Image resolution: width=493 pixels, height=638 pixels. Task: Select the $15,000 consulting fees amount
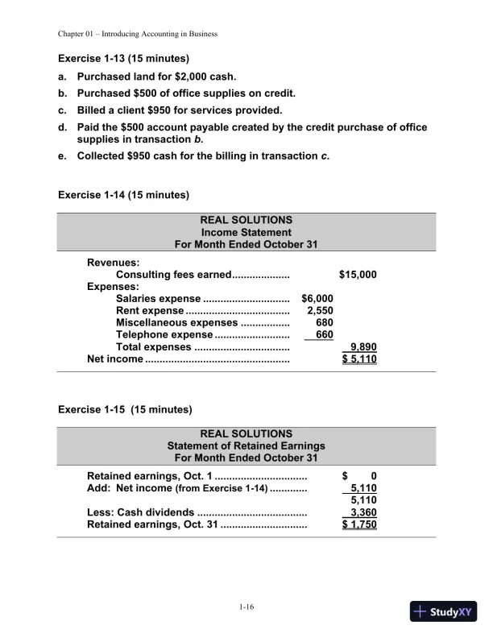click(x=358, y=275)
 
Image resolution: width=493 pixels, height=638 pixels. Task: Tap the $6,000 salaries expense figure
click(x=317, y=298)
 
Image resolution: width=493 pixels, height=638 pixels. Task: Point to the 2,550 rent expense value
click(x=320, y=310)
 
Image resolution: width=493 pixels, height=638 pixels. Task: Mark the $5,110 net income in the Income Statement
click(x=358, y=359)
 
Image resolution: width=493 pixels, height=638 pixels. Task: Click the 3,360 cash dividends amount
click(x=362, y=512)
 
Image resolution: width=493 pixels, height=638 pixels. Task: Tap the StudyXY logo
click(x=444, y=611)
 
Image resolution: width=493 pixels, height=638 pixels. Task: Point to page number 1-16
click(x=246, y=607)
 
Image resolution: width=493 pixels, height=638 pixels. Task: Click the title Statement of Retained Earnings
click(x=246, y=445)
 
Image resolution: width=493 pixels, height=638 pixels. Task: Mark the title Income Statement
click(x=246, y=231)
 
